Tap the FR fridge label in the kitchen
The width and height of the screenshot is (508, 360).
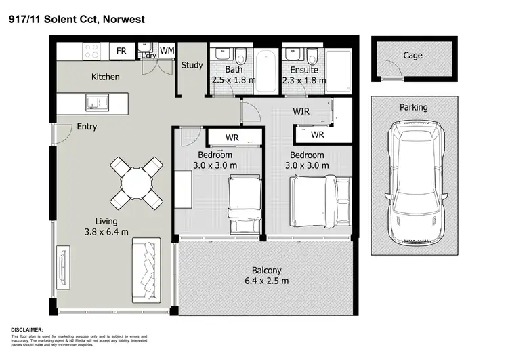point(122,51)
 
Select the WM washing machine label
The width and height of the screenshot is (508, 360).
point(167,50)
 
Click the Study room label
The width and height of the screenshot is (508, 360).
point(192,66)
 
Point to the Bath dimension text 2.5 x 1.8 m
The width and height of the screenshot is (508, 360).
point(234,80)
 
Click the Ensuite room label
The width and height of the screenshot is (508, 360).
point(304,69)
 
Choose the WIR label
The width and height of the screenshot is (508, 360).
point(301,111)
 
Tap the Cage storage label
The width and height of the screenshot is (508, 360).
point(412,56)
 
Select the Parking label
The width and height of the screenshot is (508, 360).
point(413,107)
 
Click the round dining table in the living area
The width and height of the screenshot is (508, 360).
point(136,182)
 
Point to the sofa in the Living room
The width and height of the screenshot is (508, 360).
point(146,270)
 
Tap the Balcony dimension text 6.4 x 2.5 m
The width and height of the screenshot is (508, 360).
point(266,281)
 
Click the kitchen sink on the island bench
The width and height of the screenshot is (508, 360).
point(93,102)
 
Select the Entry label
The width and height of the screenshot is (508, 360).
point(87,127)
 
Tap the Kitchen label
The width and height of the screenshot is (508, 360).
point(106,77)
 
